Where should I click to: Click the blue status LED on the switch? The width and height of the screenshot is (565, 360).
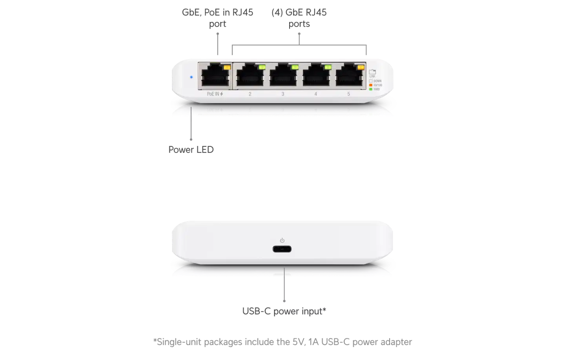pos(191,77)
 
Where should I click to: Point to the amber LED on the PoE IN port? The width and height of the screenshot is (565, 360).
pos(226,68)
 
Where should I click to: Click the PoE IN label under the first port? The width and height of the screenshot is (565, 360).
pos(215,94)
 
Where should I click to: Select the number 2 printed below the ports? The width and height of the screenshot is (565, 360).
pos(250,94)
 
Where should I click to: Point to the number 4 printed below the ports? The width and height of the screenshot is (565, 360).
pos(316,94)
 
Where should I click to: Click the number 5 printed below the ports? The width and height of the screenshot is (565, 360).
pos(349,94)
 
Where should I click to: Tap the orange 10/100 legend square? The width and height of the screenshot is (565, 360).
pos(371,85)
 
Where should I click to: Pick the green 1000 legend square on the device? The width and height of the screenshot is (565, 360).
pos(371,90)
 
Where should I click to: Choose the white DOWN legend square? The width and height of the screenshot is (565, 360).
pos(371,81)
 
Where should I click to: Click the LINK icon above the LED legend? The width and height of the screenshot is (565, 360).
pos(372,72)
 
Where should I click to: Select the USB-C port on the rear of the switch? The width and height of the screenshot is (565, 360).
pos(282,249)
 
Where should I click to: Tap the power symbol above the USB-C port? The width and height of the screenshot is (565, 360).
pos(282,240)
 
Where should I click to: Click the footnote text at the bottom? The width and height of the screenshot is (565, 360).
pos(282,341)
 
